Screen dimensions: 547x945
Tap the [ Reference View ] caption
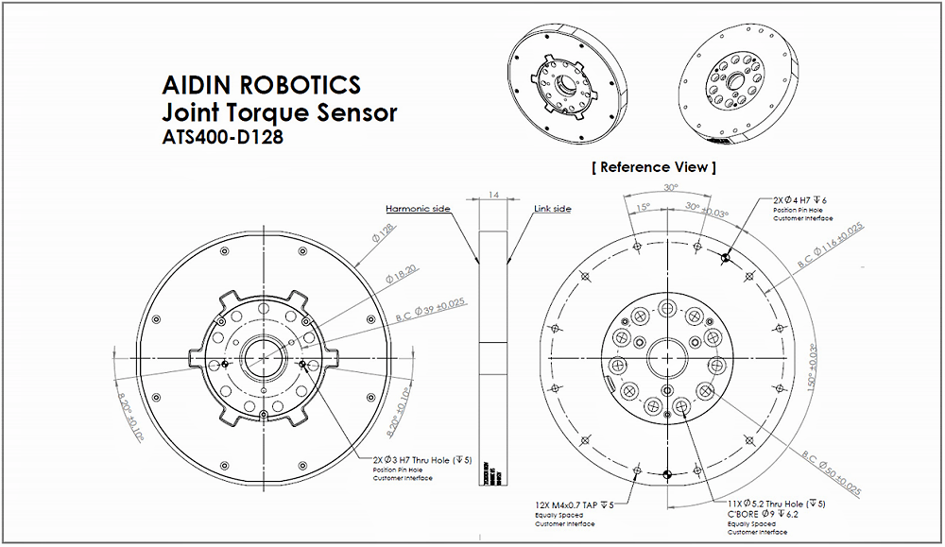(x=653, y=167)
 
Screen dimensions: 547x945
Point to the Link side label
(x=553, y=209)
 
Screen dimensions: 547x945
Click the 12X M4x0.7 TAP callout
(x=574, y=505)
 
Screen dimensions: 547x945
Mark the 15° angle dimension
(x=643, y=208)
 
